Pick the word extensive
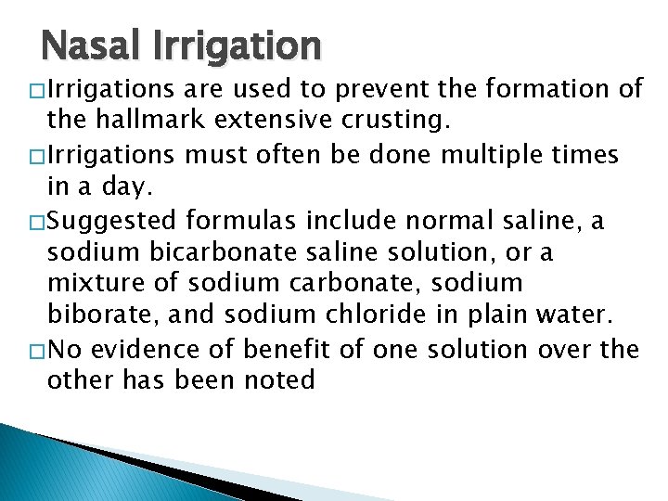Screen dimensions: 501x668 (x=263, y=118)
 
